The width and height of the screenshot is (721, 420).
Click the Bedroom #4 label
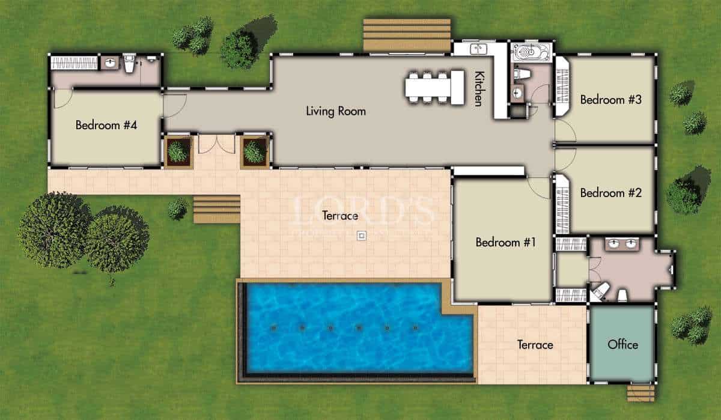coord(106,126)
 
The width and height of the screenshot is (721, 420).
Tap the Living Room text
coord(335,111)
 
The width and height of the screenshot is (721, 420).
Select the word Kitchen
coord(479,89)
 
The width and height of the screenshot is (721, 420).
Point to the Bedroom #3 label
coord(610,100)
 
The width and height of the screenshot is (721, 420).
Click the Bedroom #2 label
coord(610,193)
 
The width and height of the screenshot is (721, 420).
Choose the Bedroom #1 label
coord(505,242)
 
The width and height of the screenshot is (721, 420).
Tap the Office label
coord(622,344)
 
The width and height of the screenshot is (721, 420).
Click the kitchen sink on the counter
coord(479,49)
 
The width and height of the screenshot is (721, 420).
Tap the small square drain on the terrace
coord(361,236)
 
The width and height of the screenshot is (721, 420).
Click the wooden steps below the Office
coord(640,393)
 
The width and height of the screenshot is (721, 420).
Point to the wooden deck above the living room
coord(407,35)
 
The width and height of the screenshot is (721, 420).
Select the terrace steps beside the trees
coord(216,208)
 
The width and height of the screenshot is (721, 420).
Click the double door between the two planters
coord(216,144)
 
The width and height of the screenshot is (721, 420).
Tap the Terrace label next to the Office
coord(535,345)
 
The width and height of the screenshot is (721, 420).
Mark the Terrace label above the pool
coord(340,215)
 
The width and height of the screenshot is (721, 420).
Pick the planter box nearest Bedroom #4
coord(178,151)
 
